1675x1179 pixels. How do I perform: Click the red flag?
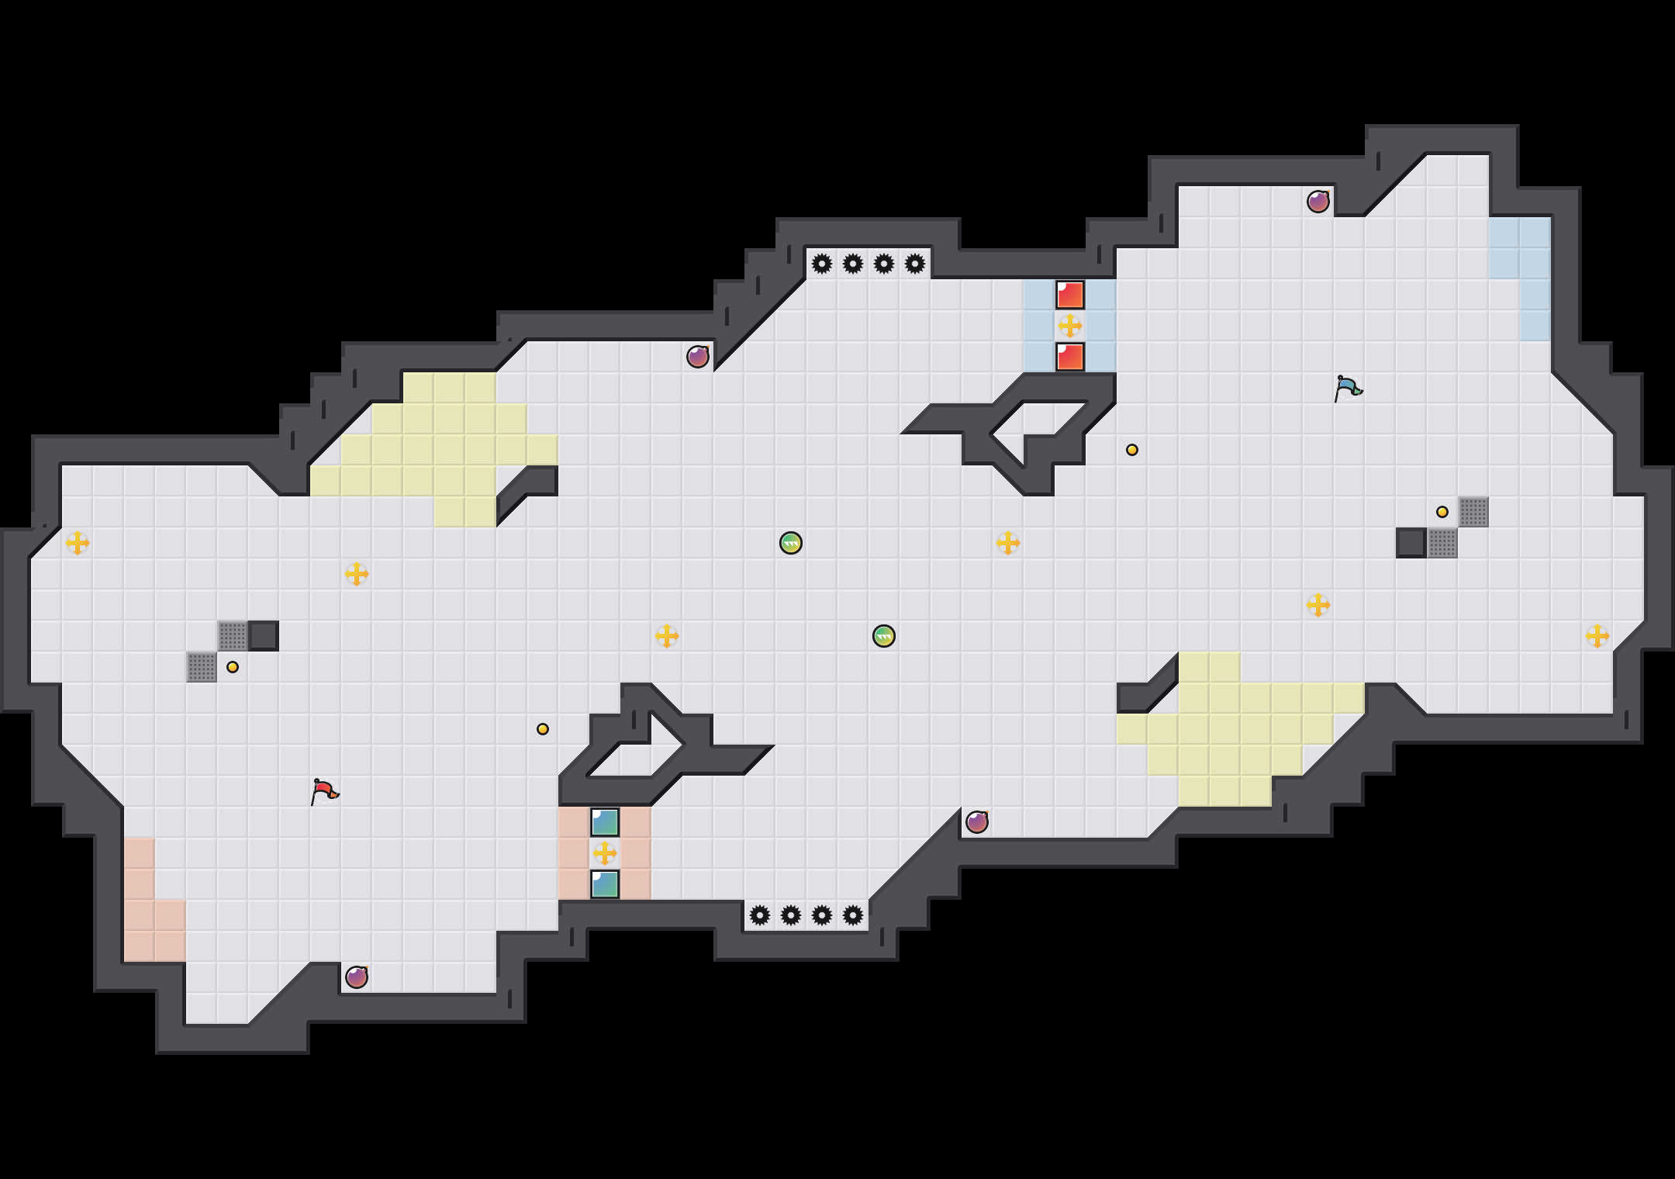coord(324,791)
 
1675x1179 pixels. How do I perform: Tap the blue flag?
coord(1348,388)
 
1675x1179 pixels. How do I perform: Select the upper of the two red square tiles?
coord(1070,295)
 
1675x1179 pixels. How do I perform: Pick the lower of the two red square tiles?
coord(1070,357)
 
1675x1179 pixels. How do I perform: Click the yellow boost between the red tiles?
coord(1070,326)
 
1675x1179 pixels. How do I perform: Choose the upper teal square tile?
coord(605,822)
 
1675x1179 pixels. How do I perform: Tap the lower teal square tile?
coord(605,884)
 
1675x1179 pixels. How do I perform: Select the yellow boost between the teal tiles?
coord(605,853)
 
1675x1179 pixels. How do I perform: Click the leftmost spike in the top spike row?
coord(822,264)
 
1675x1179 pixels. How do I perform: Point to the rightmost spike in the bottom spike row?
coord(853,915)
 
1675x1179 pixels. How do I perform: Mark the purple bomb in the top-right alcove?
coord(1318,202)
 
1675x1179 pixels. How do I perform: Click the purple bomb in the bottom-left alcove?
coord(357,977)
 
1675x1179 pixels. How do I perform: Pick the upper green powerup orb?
coord(791,543)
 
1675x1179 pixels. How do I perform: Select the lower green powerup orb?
coord(884,636)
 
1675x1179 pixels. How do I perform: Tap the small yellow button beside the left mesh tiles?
coord(233,667)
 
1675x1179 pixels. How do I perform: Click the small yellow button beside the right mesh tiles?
coord(1442,512)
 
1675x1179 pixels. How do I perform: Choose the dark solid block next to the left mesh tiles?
coord(264,636)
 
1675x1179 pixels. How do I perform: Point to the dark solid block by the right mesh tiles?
coord(1411,543)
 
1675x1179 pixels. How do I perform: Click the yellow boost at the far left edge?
coord(78,543)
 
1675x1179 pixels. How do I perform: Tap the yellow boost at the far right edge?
coord(1597,636)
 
